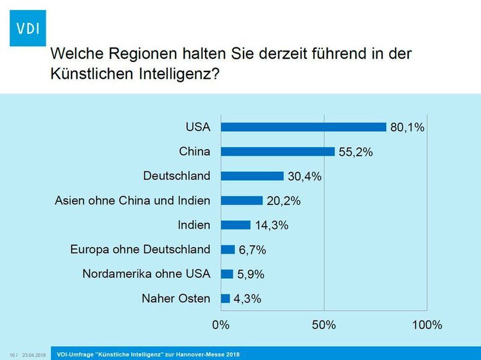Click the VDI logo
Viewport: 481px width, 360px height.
pyautogui.click(x=28, y=28)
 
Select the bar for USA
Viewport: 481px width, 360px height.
pyautogui.click(x=304, y=127)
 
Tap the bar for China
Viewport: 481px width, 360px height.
pyautogui.click(x=278, y=151)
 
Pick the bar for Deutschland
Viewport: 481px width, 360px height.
pyautogui.click(x=252, y=176)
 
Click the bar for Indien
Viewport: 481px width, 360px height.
pyautogui.click(x=236, y=225)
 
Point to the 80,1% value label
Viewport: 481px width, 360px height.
pyautogui.click(x=408, y=127)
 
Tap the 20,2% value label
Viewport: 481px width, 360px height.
pyautogui.click(x=283, y=201)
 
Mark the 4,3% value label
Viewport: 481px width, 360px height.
pyautogui.click(x=247, y=299)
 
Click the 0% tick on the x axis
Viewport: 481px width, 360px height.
pyautogui.click(x=221, y=325)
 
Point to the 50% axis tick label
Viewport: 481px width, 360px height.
pyautogui.click(x=325, y=325)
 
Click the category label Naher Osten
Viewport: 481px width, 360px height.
pyautogui.click(x=176, y=298)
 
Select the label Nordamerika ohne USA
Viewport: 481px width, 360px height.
pyautogui.click(x=146, y=274)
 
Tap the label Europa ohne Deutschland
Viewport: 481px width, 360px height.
pyautogui.click(x=140, y=249)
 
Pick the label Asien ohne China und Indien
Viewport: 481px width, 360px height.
pyautogui.click(x=132, y=200)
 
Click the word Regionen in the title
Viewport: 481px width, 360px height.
pyautogui.click(x=144, y=54)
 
